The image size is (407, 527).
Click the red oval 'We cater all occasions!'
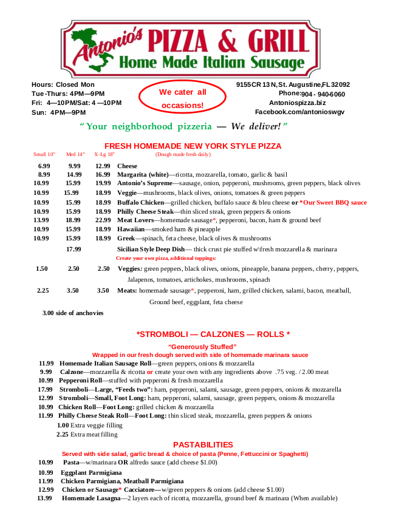pyautogui.click(x=182, y=99)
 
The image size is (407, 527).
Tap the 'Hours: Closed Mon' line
pyautogui.click(x=63, y=84)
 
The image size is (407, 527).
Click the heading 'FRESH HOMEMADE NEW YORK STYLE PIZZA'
pyautogui.click(x=193, y=146)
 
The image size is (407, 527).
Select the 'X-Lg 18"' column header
pyautogui.click(x=104, y=154)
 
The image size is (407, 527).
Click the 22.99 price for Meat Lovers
pyautogui.click(x=103, y=220)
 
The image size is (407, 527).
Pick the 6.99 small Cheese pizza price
pyautogui.click(x=44, y=166)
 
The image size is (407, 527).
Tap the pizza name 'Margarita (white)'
pyautogui.click(x=143, y=175)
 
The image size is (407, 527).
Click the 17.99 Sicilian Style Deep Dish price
pyautogui.click(x=74, y=249)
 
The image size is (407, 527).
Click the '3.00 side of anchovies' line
pyautogui.click(x=73, y=313)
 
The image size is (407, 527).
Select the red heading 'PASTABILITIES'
pyautogui.click(x=203, y=444)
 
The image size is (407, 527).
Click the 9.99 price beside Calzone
pyautogui.click(x=46, y=371)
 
